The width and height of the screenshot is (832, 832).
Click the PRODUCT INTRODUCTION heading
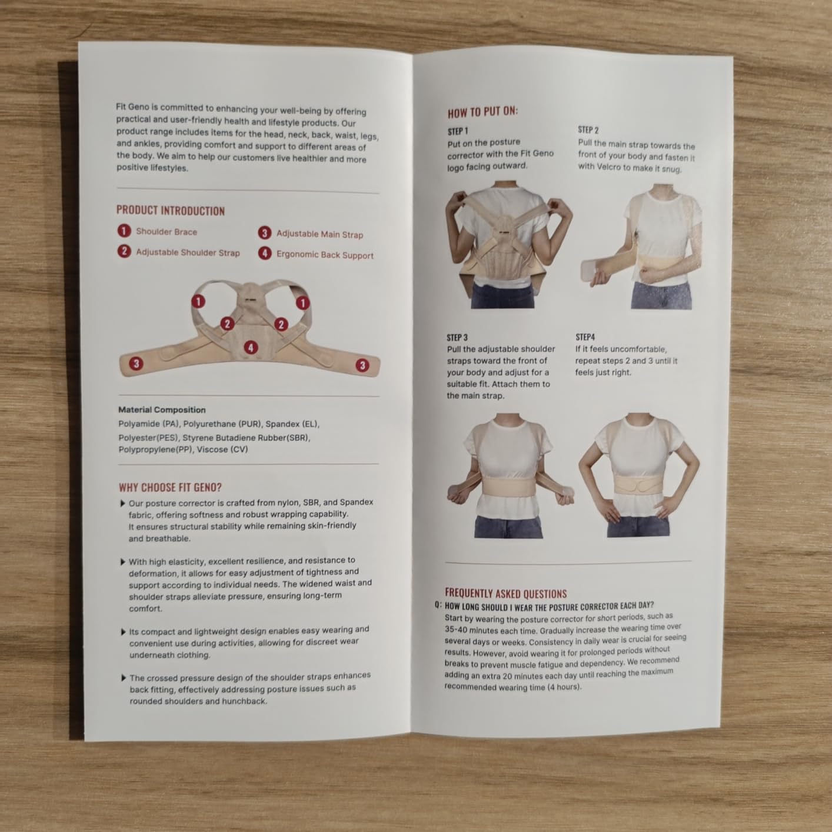pyautogui.click(x=171, y=211)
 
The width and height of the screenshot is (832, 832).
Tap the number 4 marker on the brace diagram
pyautogui.click(x=251, y=347)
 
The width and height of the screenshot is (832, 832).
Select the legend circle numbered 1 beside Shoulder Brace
pyautogui.click(x=124, y=231)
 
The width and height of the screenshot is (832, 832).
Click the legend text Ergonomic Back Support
pyautogui.click(x=325, y=255)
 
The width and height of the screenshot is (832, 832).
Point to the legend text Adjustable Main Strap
pyautogui.click(x=320, y=234)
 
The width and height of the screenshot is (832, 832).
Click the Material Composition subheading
pyautogui.click(x=162, y=410)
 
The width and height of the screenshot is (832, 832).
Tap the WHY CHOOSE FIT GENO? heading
pyautogui.click(x=170, y=487)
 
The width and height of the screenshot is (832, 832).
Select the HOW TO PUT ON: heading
pyautogui.click(x=482, y=112)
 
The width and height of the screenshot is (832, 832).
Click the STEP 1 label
pyautogui.click(x=458, y=131)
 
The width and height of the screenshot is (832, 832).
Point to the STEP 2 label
pyautogui.click(x=588, y=130)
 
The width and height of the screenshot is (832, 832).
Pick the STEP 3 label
pyautogui.click(x=457, y=338)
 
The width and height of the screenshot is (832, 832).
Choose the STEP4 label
pyautogui.click(x=585, y=337)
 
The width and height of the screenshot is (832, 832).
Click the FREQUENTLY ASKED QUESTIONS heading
pyautogui.click(x=505, y=593)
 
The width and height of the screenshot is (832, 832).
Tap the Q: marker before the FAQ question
pyautogui.click(x=438, y=605)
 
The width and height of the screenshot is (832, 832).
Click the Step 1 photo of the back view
pyautogui.click(x=508, y=244)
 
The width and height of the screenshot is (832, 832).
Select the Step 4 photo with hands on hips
pyautogui.click(x=639, y=475)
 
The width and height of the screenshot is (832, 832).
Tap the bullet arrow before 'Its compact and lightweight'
pyautogui.click(x=123, y=632)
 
